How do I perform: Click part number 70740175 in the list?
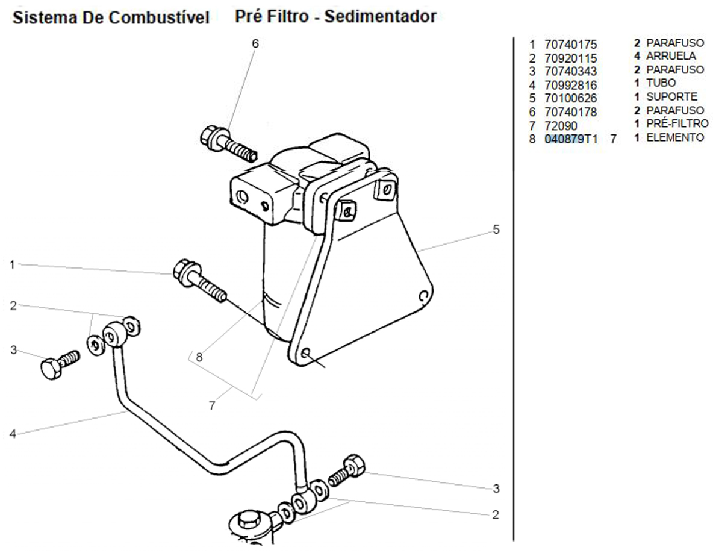(x=570, y=45)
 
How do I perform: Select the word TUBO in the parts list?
(x=661, y=83)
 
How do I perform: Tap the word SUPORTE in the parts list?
(x=671, y=96)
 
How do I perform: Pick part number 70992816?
(x=570, y=85)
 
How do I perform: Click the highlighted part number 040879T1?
(x=571, y=139)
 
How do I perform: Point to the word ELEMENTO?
(x=674, y=137)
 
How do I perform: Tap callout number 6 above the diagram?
(x=255, y=43)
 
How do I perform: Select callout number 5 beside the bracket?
(x=496, y=230)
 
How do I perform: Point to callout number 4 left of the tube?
(x=12, y=433)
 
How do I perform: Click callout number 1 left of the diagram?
(x=12, y=264)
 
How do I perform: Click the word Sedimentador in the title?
(x=380, y=16)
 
